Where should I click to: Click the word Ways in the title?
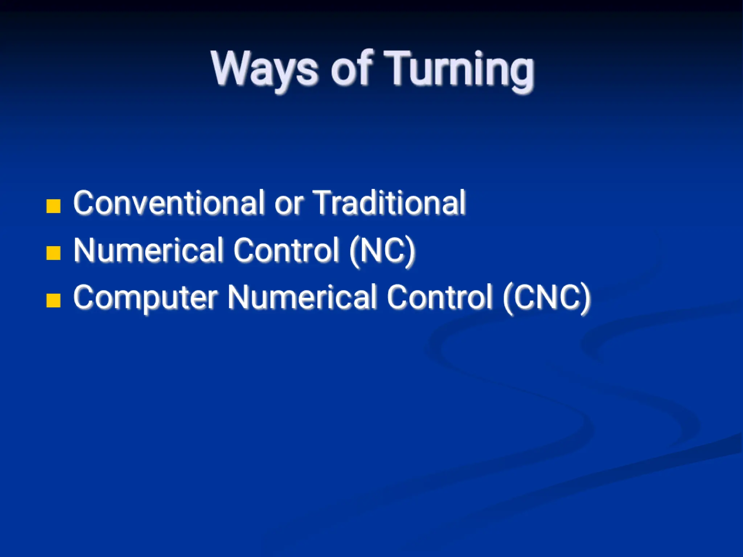click(264, 69)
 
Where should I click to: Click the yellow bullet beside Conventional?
click(53, 206)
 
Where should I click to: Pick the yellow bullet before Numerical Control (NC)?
click(53, 253)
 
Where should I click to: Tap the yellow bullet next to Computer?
click(53, 300)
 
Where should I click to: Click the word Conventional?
click(169, 203)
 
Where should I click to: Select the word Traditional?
click(389, 203)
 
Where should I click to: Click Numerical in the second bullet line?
click(148, 250)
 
